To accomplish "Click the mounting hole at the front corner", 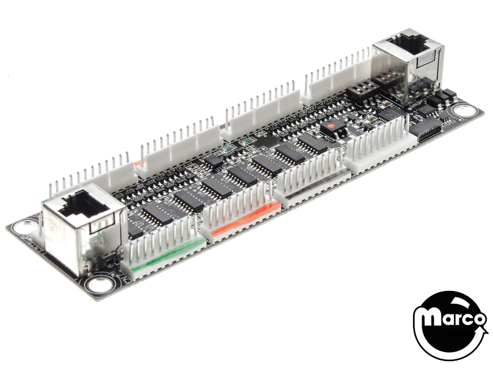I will (99, 285).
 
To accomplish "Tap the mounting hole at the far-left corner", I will (25, 226).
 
